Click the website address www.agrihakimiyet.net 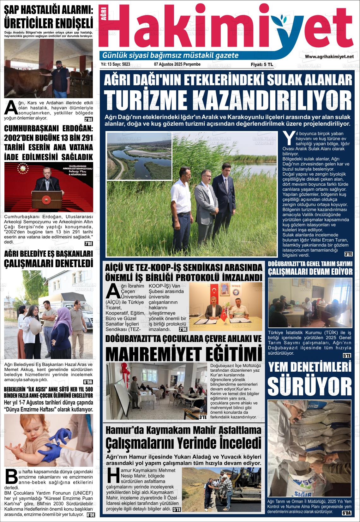coord(329,56)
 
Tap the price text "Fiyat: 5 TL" coord(262,64)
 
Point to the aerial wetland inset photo coord(139,156)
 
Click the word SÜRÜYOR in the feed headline coord(309,386)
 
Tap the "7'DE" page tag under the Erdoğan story coord(89,243)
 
